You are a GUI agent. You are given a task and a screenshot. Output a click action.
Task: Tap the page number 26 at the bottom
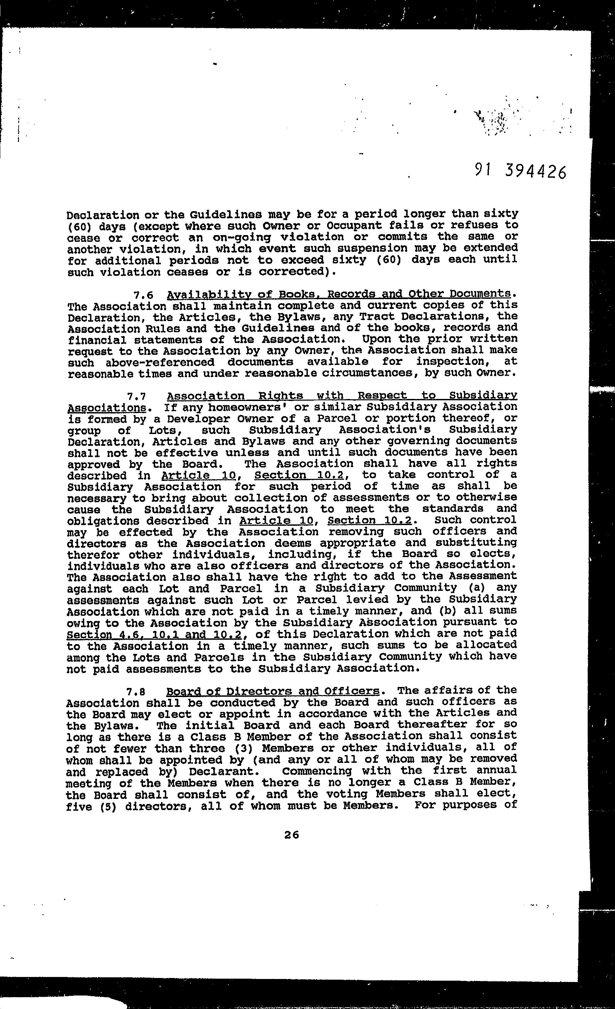(292, 835)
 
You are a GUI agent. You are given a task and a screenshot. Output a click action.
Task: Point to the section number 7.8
(136, 692)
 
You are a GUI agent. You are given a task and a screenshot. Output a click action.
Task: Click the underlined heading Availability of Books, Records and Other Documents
(339, 294)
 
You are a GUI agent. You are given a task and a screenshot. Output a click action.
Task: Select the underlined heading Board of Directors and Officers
(273, 691)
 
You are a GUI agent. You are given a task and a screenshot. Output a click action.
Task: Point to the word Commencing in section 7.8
(317, 771)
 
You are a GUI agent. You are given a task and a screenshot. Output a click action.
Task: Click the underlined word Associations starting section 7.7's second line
(107, 408)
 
